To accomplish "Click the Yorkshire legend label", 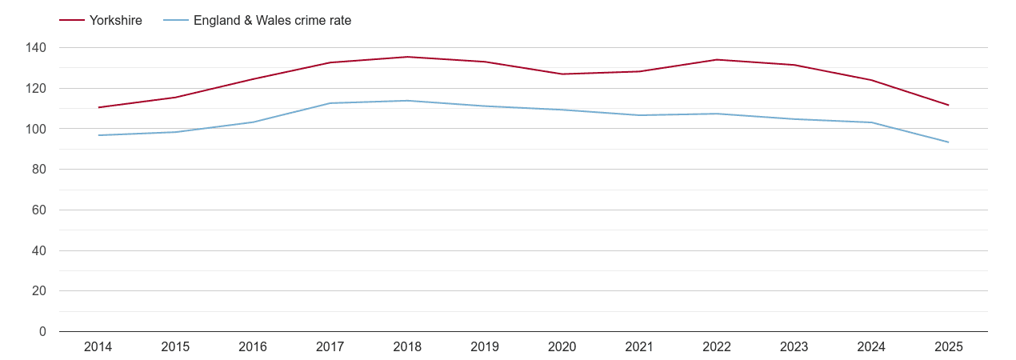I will pyautogui.click(x=116, y=21).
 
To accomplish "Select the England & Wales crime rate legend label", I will pyautogui.click(x=272, y=21).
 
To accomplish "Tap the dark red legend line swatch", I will pyautogui.click(x=72, y=21).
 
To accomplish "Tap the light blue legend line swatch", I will pyautogui.click(x=176, y=21).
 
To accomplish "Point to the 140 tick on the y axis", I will pyautogui.click(x=36, y=48).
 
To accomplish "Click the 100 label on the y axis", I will pyautogui.click(x=36, y=129).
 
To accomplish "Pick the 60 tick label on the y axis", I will pyautogui.click(x=39, y=210).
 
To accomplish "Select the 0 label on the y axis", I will pyautogui.click(x=42, y=331).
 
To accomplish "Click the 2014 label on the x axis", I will pyautogui.click(x=98, y=347).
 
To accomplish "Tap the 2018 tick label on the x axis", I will pyautogui.click(x=407, y=347).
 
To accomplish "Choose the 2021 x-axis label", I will pyautogui.click(x=639, y=347).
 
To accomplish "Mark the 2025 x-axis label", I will pyautogui.click(x=949, y=347).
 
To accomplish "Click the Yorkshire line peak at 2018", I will pyautogui.click(x=407, y=57).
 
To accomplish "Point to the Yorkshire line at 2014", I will pyautogui.click(x=98, y=107).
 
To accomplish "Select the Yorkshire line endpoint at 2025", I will pyautogui.click(x=948, y=105).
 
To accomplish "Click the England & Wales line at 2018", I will pyautogui.click(x=407, y=101).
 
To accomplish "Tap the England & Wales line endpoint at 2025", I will pyautogui.click(x=948, y=142).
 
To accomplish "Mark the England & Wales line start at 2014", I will pyautogui.click(x=98, y=135).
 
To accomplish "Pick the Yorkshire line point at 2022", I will pyautogui.click(x=717, y=59).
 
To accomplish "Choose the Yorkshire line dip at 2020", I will pyautogui.click(x=562, y=74).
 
